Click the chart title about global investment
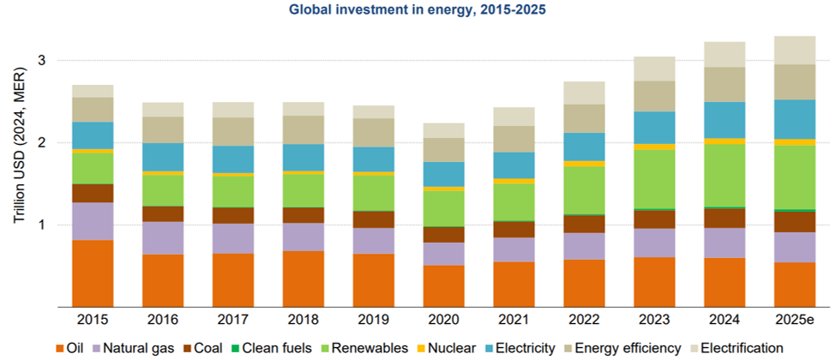tap(418, 10)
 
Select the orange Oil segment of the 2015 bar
tap(93, 273)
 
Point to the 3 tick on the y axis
tap(41, 61)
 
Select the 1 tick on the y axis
tap(41, 225)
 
